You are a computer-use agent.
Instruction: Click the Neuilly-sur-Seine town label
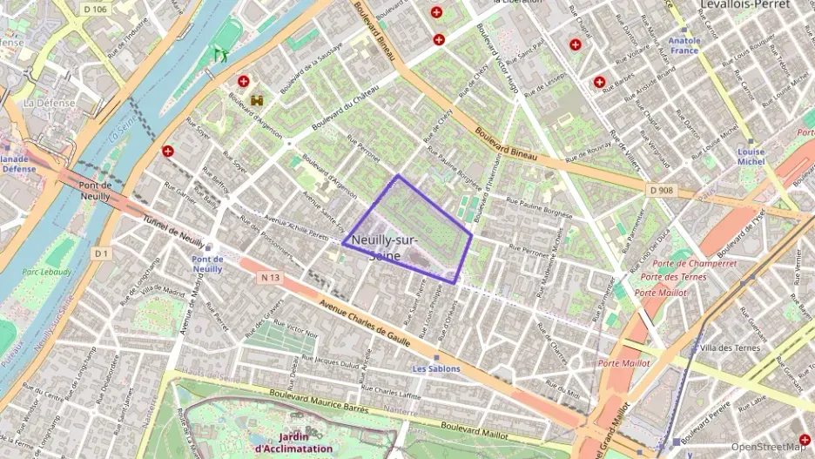385,247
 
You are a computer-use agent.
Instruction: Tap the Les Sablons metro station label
436,368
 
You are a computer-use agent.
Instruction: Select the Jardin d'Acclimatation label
293,442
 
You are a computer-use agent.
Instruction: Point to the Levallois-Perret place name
744,5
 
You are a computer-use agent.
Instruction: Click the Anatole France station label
684,45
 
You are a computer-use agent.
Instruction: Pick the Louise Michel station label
751,157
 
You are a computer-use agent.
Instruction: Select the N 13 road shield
271,278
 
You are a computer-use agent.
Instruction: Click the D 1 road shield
102,253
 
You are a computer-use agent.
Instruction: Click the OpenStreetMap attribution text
769,447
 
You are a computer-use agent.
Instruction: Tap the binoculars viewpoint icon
257,100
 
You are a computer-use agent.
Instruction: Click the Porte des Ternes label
672,277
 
